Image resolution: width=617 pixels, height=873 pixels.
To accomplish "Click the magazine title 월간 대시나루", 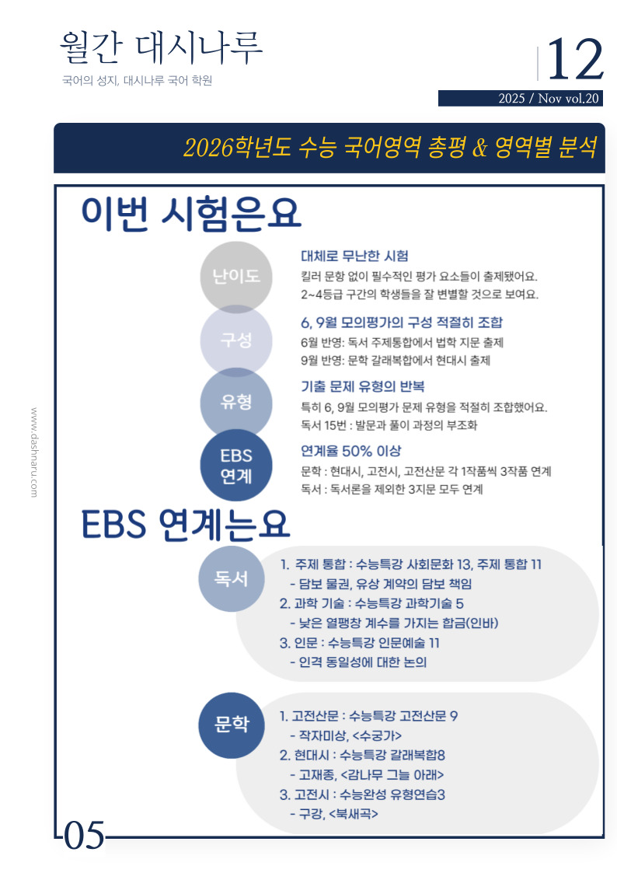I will click(x=161, y=49).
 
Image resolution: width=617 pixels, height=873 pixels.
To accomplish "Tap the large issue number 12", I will click(x=575, y=60).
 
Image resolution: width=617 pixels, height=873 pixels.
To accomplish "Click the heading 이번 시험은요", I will click(x=191, y=213).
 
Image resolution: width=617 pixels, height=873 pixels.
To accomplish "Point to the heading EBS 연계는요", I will click(x=186, y=526).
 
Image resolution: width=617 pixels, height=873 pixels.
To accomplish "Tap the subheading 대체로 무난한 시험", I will click(x=354, y=257).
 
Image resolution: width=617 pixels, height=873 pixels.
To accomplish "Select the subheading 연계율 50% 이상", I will click(x=350, y=451).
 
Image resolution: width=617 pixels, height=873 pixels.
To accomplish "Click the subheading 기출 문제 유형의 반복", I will click(x=362, y=386).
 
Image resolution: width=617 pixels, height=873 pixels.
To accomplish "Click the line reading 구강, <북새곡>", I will click(x=333, y=814).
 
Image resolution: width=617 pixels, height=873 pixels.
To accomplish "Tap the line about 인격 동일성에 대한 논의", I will click(x=357, y=662).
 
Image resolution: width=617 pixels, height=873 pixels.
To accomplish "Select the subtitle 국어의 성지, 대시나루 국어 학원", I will click(x=137, y=80).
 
